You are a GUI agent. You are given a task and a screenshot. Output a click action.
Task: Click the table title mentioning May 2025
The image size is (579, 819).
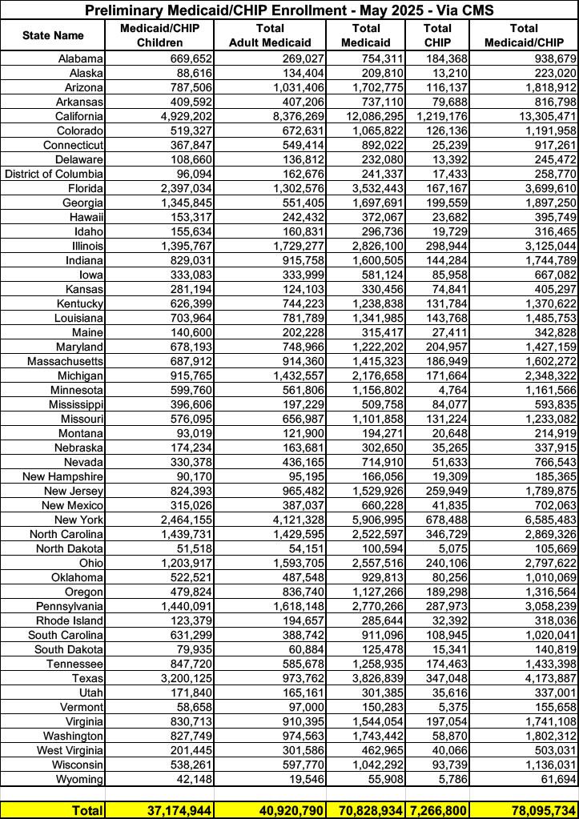pyautogui.click(x=289, y=10)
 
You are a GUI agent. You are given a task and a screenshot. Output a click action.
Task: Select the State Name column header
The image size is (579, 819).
pyautogui.click(x=53, y=36)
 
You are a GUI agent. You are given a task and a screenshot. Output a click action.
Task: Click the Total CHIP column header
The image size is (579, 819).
pyautogui.click(x=436, y=35)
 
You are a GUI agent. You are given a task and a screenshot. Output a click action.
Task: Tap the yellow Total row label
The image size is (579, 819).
pyautogui.click(x=86, y=810)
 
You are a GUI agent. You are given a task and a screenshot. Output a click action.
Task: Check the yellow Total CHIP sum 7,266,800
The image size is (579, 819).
pyautogui.click(x=437, y=810)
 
